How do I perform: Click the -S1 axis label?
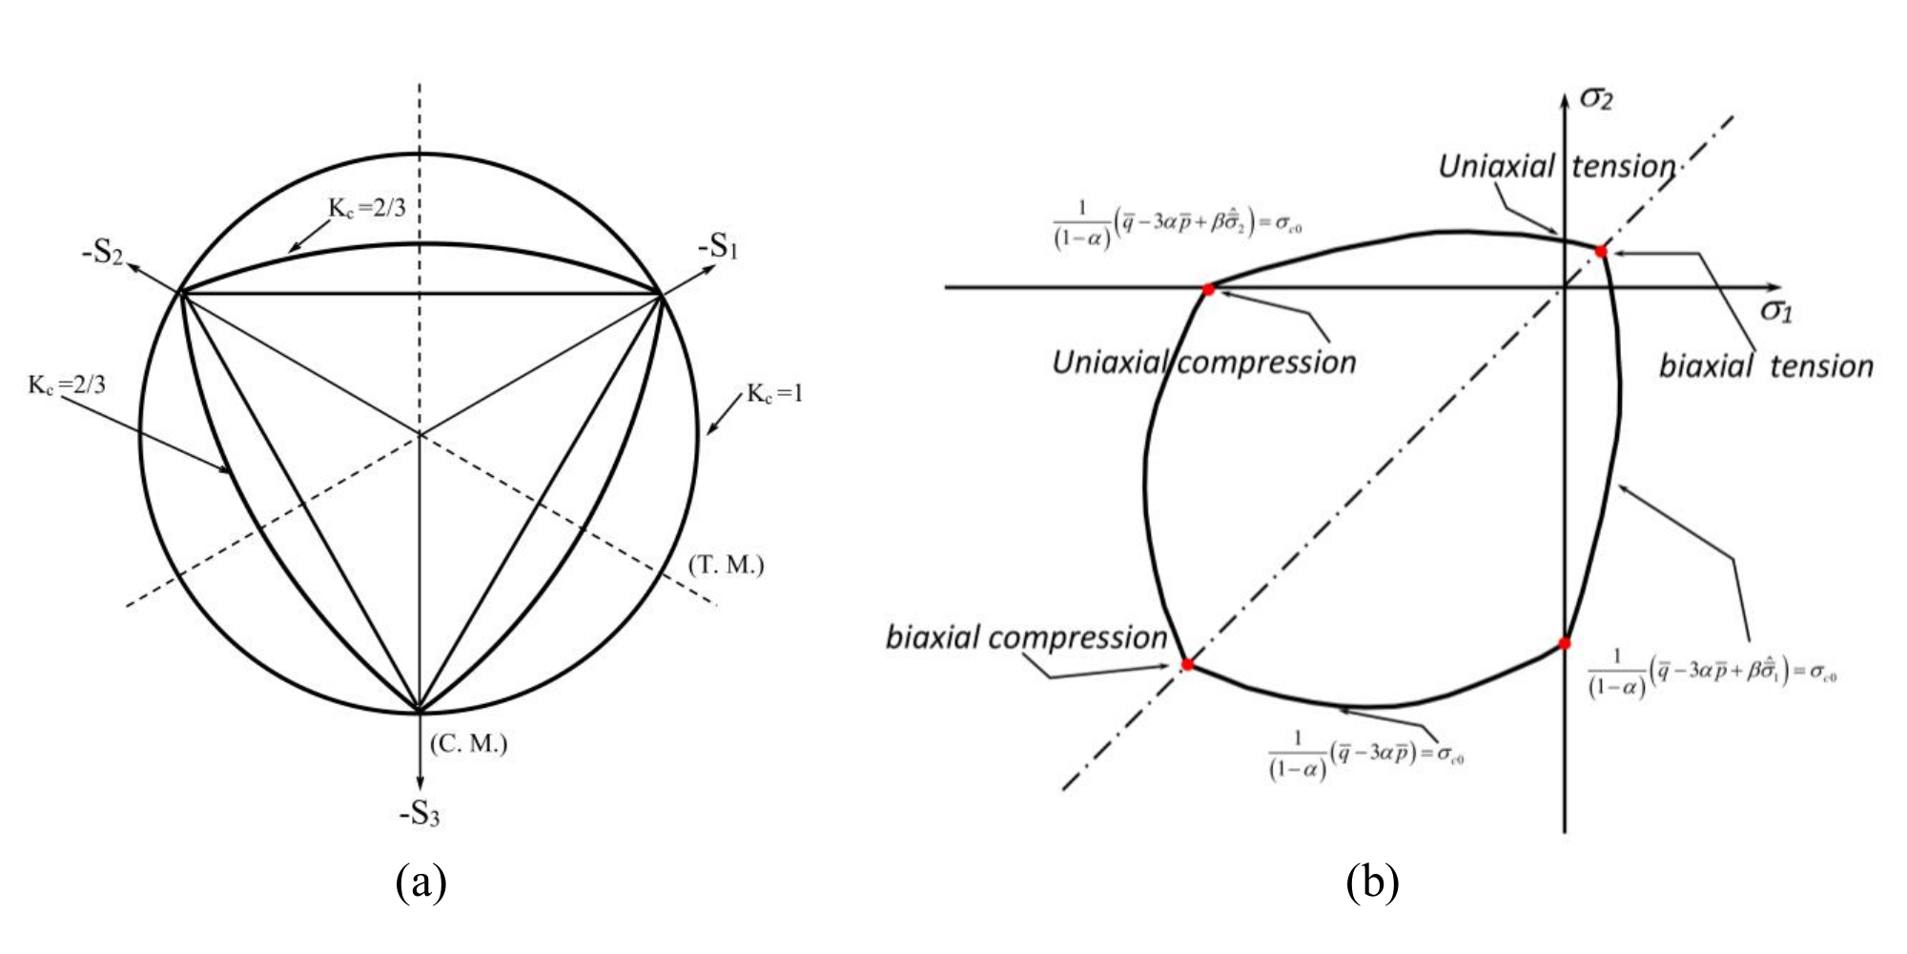[x=718, y=246]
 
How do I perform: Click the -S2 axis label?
[x=102, y=255]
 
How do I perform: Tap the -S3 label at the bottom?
[x=420, y=814]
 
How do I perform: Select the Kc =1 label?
[x=774, y=393]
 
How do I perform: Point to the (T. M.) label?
[x=726, y=565]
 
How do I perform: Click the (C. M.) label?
[x=468, y=744]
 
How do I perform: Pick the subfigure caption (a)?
[x=420, y=882]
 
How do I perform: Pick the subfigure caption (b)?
[x=1373, y=882]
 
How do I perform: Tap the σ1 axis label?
[x=1775, y=310]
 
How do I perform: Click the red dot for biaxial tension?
[x=1601, y=252]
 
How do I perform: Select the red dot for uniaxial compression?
[x=1208, y=289]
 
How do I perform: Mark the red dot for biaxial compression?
[x=1187, y=664]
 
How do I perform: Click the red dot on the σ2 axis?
[x=1565, y=644]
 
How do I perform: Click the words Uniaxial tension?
[x=1556, y=167]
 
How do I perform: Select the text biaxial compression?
[x=1026, y=637]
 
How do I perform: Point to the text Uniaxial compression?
[x=1203, y=363]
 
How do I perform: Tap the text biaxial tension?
[x=1766, y=366]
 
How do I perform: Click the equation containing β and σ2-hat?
[x=1172, y=226]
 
